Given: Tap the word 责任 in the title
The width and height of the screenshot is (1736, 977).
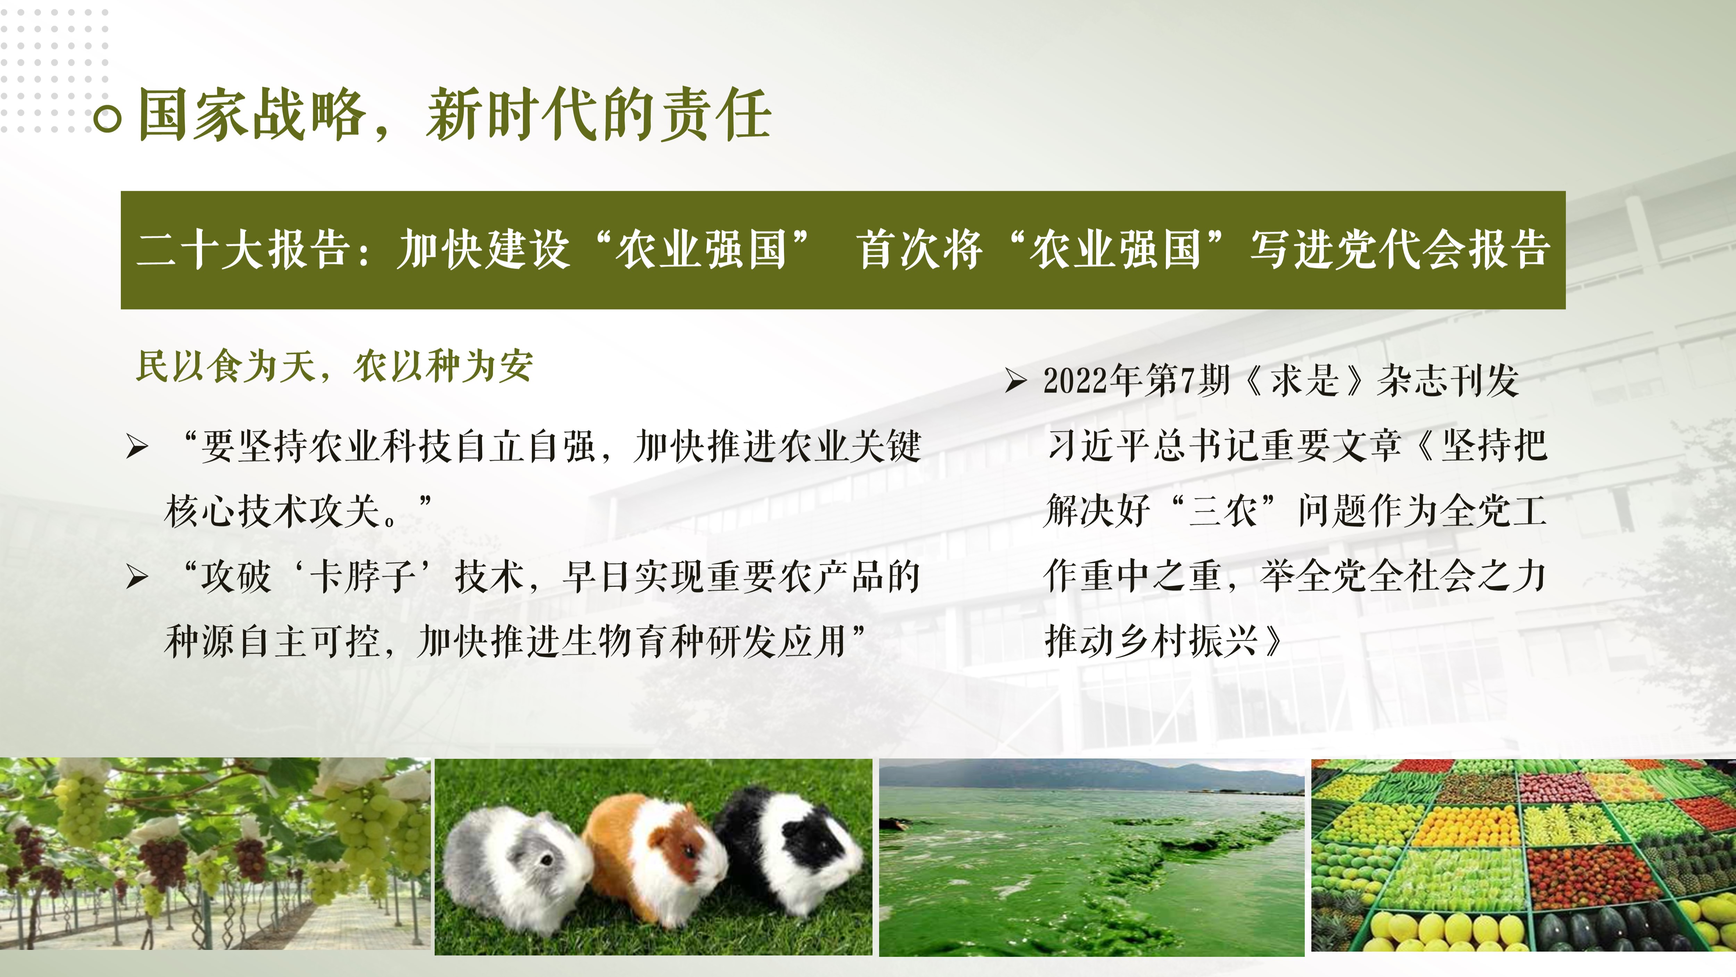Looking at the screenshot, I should tap(716, 115).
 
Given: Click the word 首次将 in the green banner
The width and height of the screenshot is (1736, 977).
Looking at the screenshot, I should tap(919, 249).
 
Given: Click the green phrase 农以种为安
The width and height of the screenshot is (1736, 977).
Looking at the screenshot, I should tap(443, 367).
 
